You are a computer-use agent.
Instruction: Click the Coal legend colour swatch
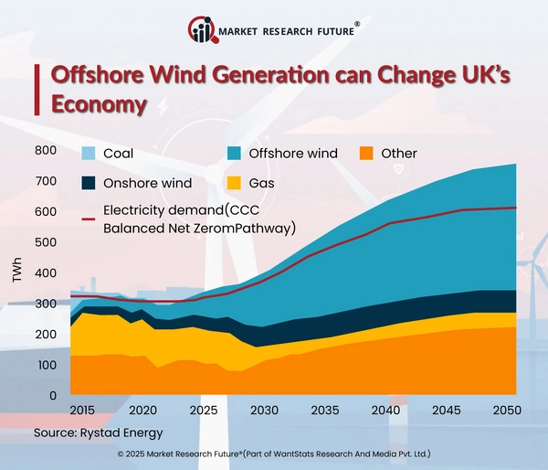(88, 154)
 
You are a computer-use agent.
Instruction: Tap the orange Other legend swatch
(364, 154)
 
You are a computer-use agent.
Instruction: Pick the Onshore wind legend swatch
(88, 183)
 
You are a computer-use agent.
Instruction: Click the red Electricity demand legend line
(88, 216)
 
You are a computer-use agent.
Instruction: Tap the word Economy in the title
(99, 104)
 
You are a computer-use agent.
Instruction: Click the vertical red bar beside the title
(37, 88)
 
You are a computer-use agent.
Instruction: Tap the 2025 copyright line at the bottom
(274, 454)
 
